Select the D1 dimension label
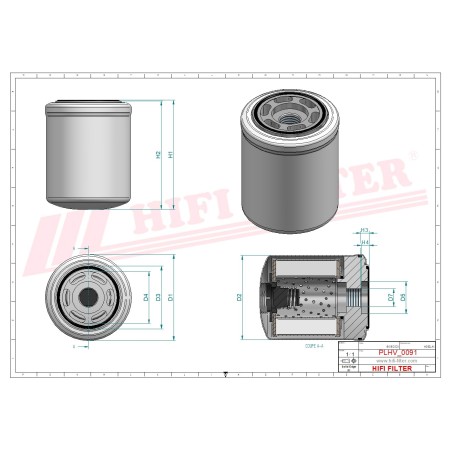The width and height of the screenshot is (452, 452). click(172, 297)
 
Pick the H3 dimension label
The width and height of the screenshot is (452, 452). click(365, 230)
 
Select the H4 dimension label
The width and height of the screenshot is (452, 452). click(365, 242)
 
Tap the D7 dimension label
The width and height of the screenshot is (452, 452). click(389, 297)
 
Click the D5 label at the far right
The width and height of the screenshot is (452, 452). click(403, 297)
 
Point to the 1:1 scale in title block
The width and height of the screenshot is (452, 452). click(348, 354)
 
